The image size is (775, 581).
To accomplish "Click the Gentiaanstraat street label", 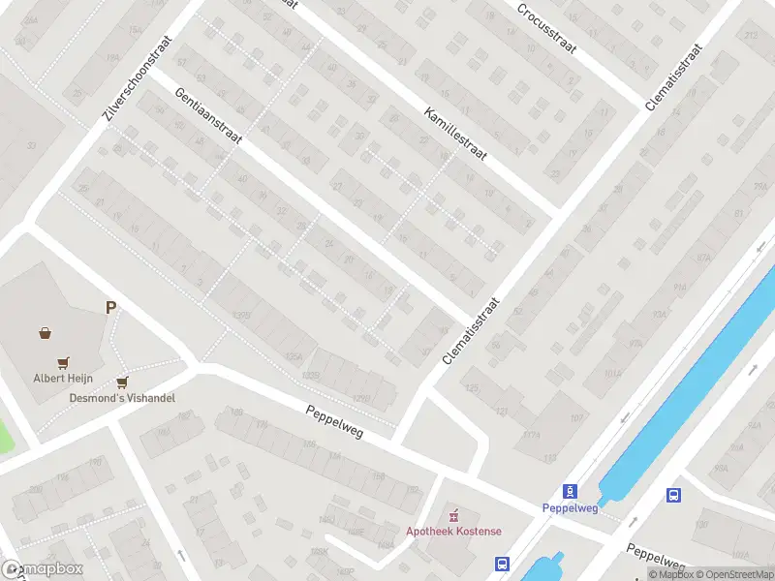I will [x=207, y=116].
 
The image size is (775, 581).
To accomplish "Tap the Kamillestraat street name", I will [x=454, y=134].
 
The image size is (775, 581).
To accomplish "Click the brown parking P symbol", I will [x=111, y=308].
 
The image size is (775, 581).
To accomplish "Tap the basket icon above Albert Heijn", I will [x=45, y=333].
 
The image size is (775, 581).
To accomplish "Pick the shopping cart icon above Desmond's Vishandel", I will [x=122, y=382].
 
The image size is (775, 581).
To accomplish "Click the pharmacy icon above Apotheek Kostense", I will [x=452, y=513].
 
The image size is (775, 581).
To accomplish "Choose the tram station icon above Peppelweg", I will [x=570, y=490].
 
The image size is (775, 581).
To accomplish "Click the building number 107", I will [x=577, y=418].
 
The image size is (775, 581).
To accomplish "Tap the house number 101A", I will [x=612, y=373].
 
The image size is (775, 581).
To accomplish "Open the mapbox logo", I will [x=43, y=569].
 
